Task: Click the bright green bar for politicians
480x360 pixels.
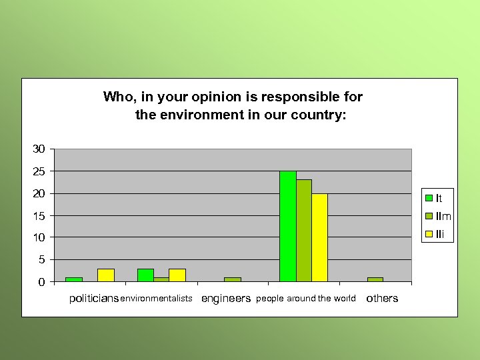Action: pyautogui.click(x=74, y=279)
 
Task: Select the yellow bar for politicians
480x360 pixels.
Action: pyautogui.click(x=106, y=275)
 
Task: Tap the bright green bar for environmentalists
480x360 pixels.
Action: pyautogui.click(x=145, y=275)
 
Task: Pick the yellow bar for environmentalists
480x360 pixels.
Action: pyautogui.click(x=177, y=275)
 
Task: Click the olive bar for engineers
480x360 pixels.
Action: pyautogui.click(x=232, y=279)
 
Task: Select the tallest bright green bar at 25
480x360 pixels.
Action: pyautogui.click(x=288, y=227)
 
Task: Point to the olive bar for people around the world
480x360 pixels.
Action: pyautogui.click(x=304, y=231)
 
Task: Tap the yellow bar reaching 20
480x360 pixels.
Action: pyautogui.click(x=320, y=237)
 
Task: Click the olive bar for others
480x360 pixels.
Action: pyautogui.click(x=375, y=279)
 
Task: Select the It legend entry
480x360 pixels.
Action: pyautogui.click(x=437, y=198)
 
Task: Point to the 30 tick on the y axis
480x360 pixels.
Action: pyautogui.click(x=39, y=149)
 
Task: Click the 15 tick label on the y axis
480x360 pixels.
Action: pyautogui.click(x=39, y=215)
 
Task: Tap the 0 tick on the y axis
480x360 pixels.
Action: pyautogui.click(x=42, y=282)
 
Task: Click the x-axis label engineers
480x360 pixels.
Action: pyautogui.click(x=226, y=299)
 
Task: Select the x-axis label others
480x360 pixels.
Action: pyautogui.click(x=382, y=299)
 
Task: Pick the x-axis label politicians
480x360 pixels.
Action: pyautogui.click(x=94, y=299)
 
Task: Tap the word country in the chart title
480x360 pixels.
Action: pyautogui.click(x=317, y=115)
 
